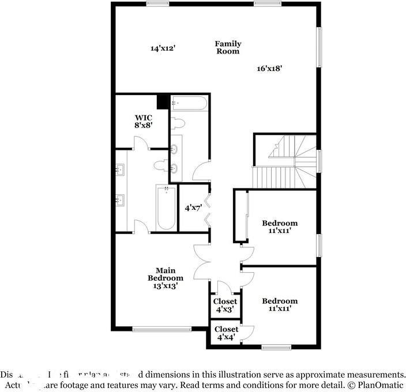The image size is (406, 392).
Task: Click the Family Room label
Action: click(x=228, y=47)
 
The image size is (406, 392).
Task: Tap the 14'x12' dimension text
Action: click(x=163, y=49)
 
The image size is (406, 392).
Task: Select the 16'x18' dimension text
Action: click(x=269, y=68)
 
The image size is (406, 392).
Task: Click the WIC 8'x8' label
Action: click(x=144, y=120)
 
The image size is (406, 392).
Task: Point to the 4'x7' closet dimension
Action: click(x=193, y=208)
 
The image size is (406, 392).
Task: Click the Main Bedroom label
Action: click(x=165, y=277)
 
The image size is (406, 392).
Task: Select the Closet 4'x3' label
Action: click(x=225, y=304)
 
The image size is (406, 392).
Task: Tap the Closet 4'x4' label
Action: click(x=226, y=333)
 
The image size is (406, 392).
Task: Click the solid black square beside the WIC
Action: click(x=163, y=101)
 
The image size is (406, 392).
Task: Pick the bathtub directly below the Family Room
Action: click(x=189, y=104)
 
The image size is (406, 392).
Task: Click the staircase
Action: click(x=285, y=161)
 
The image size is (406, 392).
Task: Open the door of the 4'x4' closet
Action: click(x=247, y=333)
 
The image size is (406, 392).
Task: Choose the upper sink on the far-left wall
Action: click(x=121, y=169)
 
